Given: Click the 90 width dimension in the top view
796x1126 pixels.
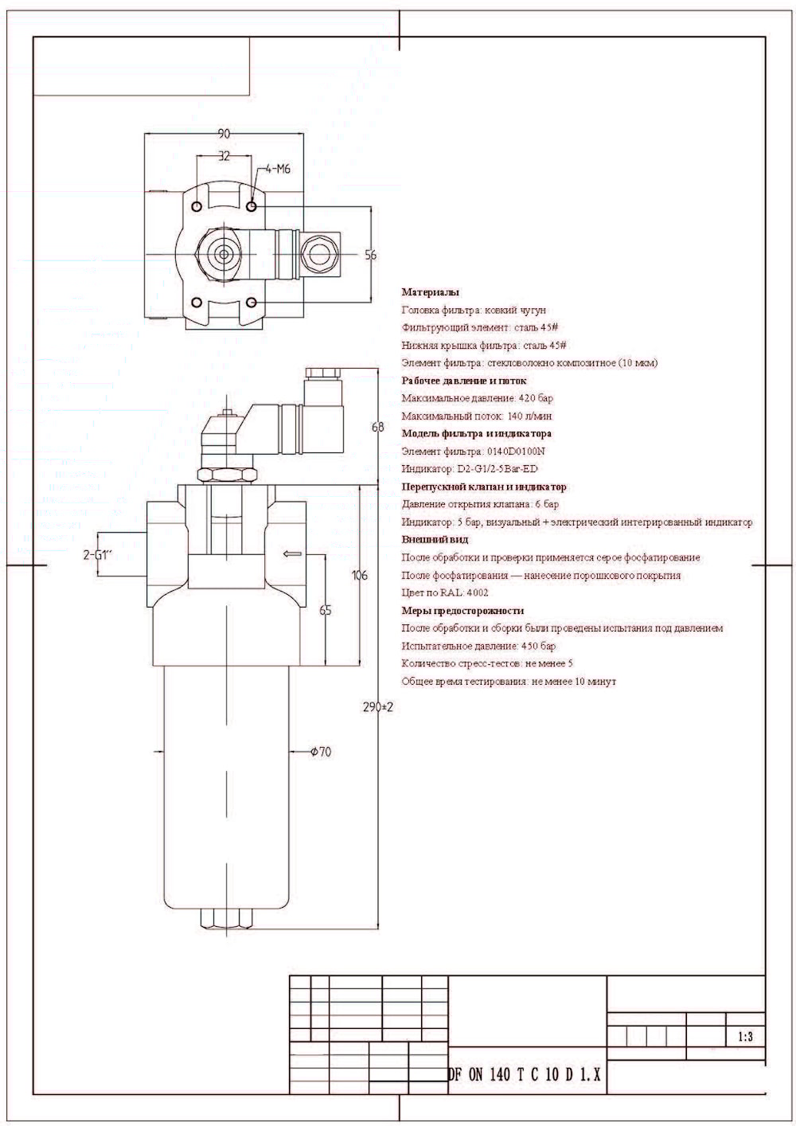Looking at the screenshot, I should coord(224,133).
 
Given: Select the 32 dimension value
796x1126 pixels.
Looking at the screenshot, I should coord(224,156).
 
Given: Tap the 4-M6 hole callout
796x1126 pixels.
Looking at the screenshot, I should coord(278,169).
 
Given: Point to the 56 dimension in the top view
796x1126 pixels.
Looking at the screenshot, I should coord(371,255).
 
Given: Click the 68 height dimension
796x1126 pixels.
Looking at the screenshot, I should coord(378,427).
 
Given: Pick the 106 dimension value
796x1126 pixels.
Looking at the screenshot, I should coord(359,575).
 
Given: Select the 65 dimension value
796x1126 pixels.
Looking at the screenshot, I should coord(325,610).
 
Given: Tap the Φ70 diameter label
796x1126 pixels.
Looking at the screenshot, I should coord(319,751).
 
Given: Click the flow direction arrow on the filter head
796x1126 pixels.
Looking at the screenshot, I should coord(292,553).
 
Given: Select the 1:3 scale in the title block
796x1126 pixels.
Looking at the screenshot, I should coord(745,1037).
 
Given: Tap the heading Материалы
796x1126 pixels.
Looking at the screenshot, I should coord(430,292).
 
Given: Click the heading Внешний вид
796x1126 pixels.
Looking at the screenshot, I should coord(435,540).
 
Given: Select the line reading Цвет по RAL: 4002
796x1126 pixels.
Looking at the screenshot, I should coord(445,592).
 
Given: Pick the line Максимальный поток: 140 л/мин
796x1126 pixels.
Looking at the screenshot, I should coord(477,416).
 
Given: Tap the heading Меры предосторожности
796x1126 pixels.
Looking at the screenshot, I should coord(462,611).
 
